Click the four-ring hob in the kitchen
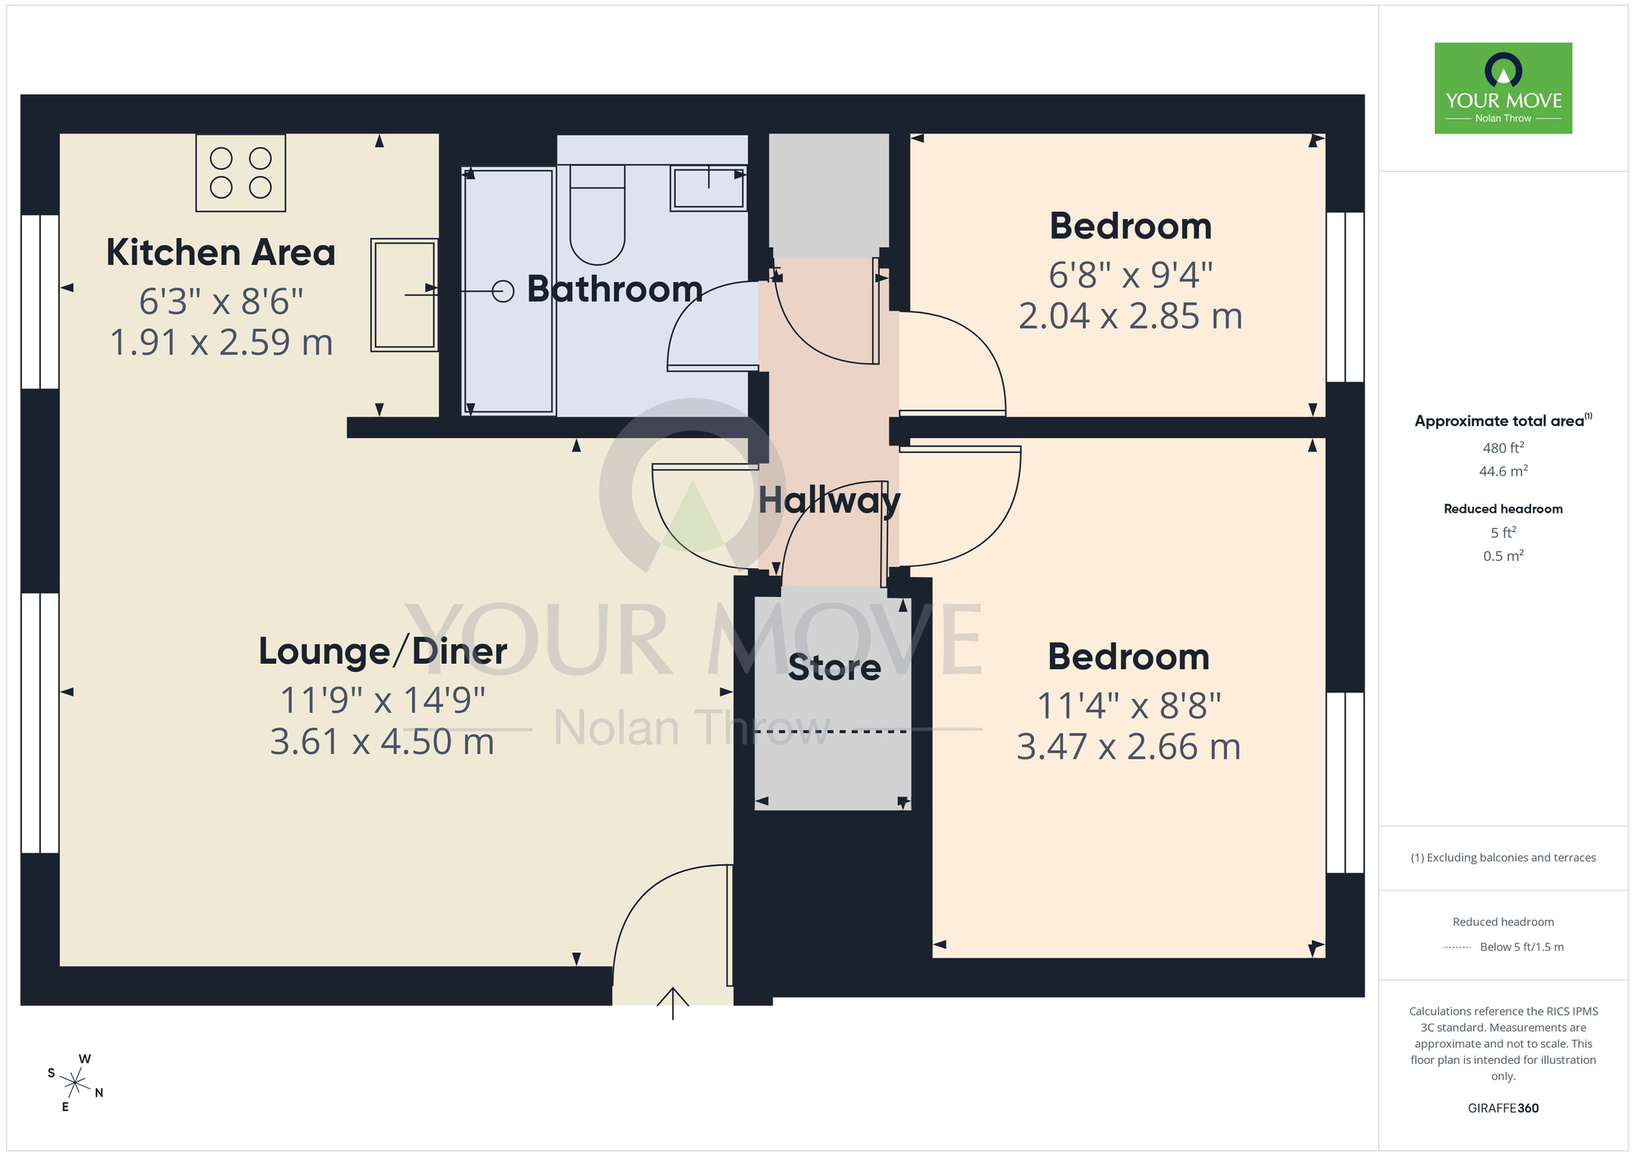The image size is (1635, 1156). click(240, 173)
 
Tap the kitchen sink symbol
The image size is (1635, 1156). click(404, 294)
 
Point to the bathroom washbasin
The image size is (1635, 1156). click(708, 187)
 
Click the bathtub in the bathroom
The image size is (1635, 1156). click(508, 291)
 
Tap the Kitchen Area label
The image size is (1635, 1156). click(221, 253)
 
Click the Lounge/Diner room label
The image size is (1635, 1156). click(383, 652)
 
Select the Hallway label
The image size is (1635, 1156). click(828, 500)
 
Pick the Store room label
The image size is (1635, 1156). click(834, 668)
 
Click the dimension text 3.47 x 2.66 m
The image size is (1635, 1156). click(1128, 747)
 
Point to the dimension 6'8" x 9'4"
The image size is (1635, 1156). click(1131, 276)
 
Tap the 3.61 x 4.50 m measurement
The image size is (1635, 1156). click(383, 742)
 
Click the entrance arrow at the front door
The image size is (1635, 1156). click(673, 1003)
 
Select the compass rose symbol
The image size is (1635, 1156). click(75, 1084)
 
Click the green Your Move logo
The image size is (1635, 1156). click(1503, 88)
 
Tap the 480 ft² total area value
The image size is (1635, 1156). click(1503, 448)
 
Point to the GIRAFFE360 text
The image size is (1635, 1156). click(1503, 1109)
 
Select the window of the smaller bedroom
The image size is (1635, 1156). click(1345, 297)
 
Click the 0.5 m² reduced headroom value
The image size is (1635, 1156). click(1503, 556)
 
